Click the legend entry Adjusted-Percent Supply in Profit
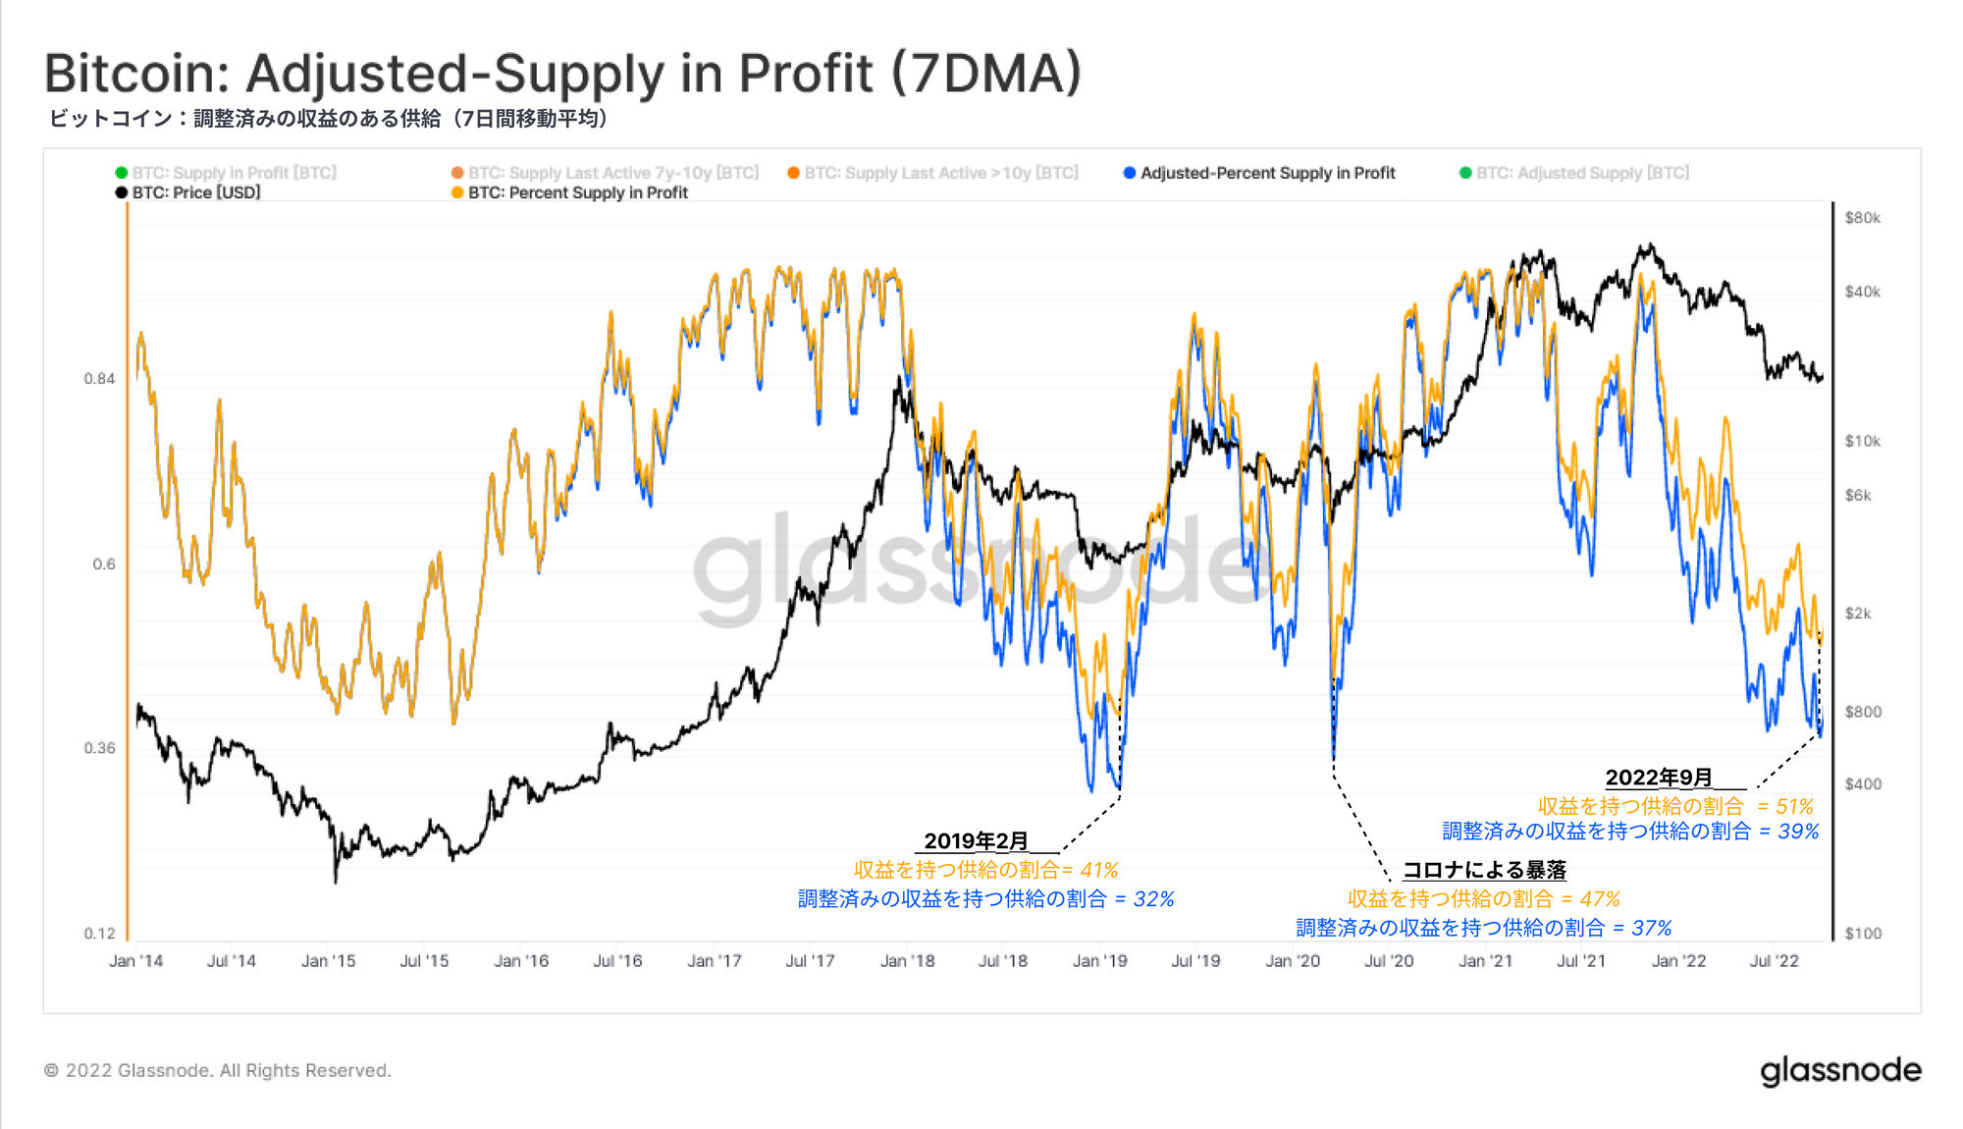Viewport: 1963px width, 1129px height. [1266, 173]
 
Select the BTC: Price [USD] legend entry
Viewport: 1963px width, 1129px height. [195, 192]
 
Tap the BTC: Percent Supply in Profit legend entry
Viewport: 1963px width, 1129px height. [577, 192]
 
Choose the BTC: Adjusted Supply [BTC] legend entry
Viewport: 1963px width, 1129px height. [1581, 173]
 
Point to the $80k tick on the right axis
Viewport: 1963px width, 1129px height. [1862, 218]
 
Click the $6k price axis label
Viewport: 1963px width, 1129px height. [1858, 496]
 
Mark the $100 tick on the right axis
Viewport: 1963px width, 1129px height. [1862, 934]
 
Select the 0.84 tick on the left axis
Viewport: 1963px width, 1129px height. [99, 379]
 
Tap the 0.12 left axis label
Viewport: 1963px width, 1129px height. [99, 934]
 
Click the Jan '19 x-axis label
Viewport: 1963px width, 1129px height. [1099, 961]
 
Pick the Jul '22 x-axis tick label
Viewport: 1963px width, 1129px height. [1774, 961]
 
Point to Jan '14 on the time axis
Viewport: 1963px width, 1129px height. [135, 961]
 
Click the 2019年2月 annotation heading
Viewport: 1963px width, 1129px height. [976, 841]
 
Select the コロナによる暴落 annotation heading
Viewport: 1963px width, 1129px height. [1484, 870]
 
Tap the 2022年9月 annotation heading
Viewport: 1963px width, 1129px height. [1659, 778]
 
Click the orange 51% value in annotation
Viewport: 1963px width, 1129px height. [1794, 807]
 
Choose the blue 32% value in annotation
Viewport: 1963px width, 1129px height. [1153, 899]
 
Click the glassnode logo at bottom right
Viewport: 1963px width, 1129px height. [1840, 1071]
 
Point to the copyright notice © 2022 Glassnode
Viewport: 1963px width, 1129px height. [217, 1071]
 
